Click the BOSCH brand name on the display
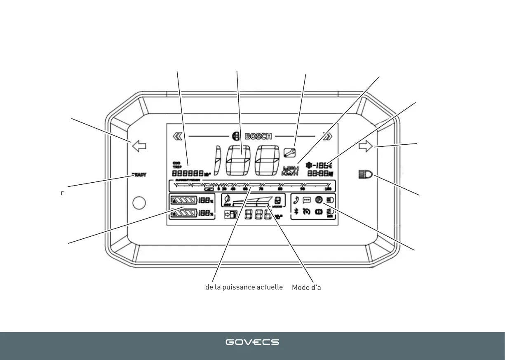[258, 136]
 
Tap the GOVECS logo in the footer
[252, 342]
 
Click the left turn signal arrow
[139, 146]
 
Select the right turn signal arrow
[366, 146]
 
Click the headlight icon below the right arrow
[365, 175]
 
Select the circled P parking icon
[318, 200]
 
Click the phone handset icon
[296, 201]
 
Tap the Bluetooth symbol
[296, 212]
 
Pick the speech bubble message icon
[307, 200]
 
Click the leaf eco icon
[227, 200]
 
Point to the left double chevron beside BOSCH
[178, 136]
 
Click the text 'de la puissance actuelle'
[244, 287]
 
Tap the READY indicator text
[139, 174]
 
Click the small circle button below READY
[139, 202]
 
